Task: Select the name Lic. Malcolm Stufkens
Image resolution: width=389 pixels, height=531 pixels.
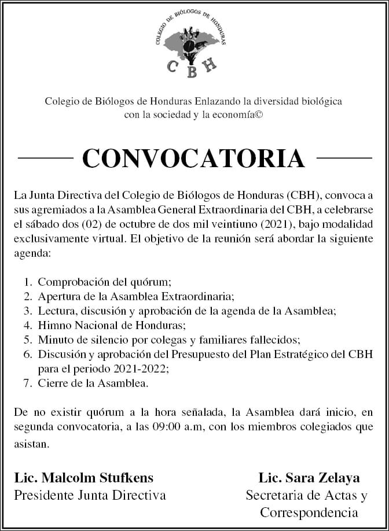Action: (84, 478)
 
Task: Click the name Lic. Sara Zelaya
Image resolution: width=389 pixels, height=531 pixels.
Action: (309, 478)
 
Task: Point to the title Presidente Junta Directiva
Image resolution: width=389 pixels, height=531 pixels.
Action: (90, 495)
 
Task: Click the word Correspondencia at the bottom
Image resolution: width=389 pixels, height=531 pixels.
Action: (309, 513)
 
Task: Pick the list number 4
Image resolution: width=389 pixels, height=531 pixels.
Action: (27, 325)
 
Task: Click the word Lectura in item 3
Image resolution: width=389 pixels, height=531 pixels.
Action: (55, 311)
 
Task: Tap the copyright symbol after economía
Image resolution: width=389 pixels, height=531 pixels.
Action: (259, 115)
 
